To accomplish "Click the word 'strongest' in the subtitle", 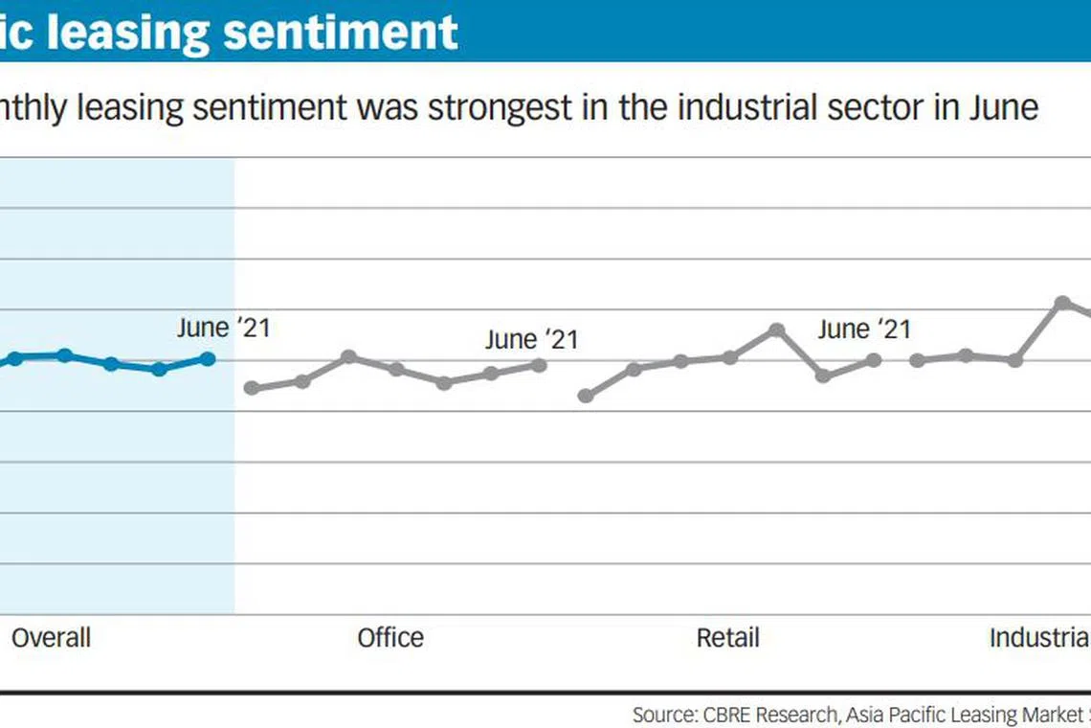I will tap(500, 107).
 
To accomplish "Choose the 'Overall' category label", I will tap(51, 638).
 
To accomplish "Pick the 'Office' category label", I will tap(390, 638).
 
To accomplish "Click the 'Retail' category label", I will tap(727, 638).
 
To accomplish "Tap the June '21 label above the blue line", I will tap(223, 329).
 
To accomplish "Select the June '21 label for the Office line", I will tap(531, 340).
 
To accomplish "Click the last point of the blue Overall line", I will tap(208, 358).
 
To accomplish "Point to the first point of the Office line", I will tap(252, 388).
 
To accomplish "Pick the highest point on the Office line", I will tap(349, 356).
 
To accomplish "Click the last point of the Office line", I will tap(539, 365).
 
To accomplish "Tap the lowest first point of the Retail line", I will tap(586, 396).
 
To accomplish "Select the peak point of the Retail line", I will tap(777, 330).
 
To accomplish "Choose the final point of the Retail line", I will tap(873, 360).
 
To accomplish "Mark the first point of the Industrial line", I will tap(917, 360).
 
